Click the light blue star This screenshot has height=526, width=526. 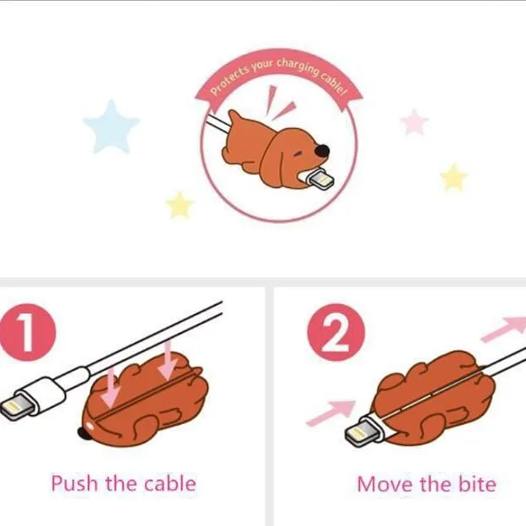pos(111,127)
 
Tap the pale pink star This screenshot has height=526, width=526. pos(415,122)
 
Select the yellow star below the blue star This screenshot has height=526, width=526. pos(180,205)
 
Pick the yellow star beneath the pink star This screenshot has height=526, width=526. pos(454,178)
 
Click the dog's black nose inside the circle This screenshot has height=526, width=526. pos(322,151)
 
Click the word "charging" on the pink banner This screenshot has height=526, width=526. pos(298,67)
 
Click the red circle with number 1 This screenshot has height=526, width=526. pos(27,332)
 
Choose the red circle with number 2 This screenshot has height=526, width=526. pos(335,332)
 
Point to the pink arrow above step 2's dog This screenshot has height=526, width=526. pos(503,329)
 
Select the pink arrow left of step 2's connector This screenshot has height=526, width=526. pos(331,413)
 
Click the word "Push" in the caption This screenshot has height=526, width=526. pos(74,483)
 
